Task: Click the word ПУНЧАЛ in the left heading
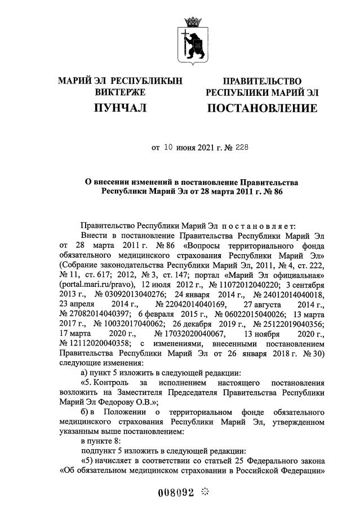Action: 120,107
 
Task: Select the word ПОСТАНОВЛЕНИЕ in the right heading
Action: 262,108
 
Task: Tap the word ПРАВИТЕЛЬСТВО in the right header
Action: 262,82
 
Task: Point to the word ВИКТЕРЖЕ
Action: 120,92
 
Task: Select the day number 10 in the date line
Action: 170,148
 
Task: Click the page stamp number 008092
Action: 175,492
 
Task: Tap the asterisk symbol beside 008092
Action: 205,491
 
